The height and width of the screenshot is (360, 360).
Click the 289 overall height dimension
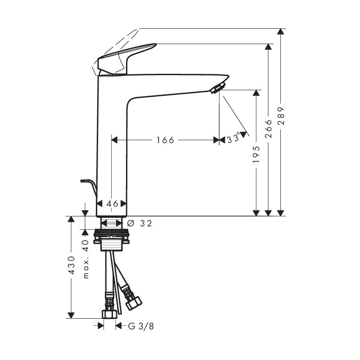coord(281,116)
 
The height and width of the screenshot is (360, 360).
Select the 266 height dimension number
coord(268,129)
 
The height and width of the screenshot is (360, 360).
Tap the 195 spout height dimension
coord(256,154)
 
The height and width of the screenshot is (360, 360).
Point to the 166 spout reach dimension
coord(165,140)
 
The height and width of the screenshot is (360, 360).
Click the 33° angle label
coord(233,139)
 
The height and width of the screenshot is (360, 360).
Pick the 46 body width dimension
coord(112,203)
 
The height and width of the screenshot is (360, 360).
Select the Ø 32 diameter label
coord(139,223)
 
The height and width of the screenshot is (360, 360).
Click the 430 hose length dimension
coord(72,265)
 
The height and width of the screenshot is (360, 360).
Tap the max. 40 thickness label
coord(86,259)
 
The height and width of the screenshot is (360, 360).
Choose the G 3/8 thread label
coord(141,326)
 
